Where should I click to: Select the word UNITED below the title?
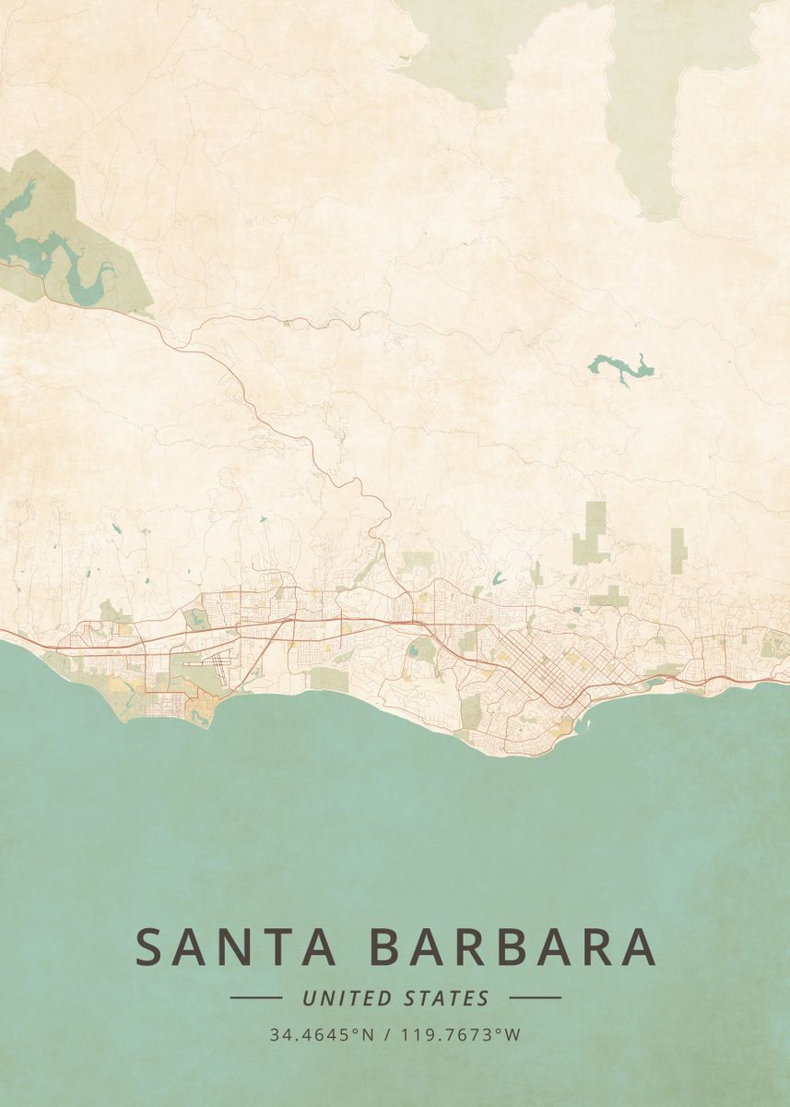tap(346, 998)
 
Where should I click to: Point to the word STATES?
tap(446, 998)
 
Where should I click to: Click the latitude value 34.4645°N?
tap(322, 1035)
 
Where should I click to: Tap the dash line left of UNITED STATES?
tap(255, 997)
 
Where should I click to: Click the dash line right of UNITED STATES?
tap(535, 997)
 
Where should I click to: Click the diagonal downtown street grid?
tap(544, 673)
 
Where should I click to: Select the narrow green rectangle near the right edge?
tap(678, 546)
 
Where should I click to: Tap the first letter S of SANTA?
tap(153, 947)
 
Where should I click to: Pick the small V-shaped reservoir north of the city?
tap(499, 579)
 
